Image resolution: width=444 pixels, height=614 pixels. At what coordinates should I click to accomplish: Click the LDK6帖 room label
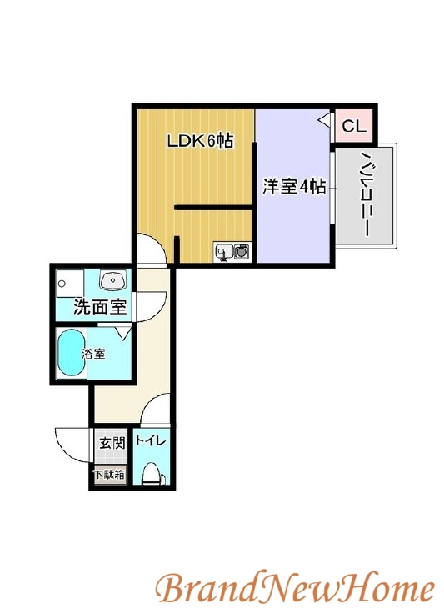pyautogui.click(x=199, y=141)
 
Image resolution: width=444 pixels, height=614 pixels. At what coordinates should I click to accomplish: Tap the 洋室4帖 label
pyautogui.click(x=294, y=186)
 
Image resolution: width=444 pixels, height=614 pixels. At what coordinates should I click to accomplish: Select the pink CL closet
pyautogui.click(x=353, y=127)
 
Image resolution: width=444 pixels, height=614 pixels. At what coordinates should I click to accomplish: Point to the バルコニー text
pyautogui.click(x=366, y=197)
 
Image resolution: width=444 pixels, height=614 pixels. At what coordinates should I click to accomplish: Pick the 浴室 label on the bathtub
pyautogui.click(x=93, y=354)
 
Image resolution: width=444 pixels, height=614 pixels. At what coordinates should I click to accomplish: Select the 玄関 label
pyautogui.click(x=112, y=442)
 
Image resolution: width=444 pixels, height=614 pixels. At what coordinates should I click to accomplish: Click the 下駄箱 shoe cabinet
pyautogui.click(x=109, y=475)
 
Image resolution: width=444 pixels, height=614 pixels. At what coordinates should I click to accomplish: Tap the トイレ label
pyautogui.click(x=152, y=441)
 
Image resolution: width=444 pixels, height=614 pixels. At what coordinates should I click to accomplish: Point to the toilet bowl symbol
pyautogui.click(x=152, y=474)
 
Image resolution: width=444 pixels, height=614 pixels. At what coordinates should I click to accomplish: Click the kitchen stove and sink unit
pyautogui.click(x=232, y=251)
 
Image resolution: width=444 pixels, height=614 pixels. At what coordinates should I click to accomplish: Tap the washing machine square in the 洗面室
pyautogui.click(x=70, y=283)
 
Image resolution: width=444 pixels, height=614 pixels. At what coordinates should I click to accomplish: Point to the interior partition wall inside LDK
pyautogui.click(x=213, y=207)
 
